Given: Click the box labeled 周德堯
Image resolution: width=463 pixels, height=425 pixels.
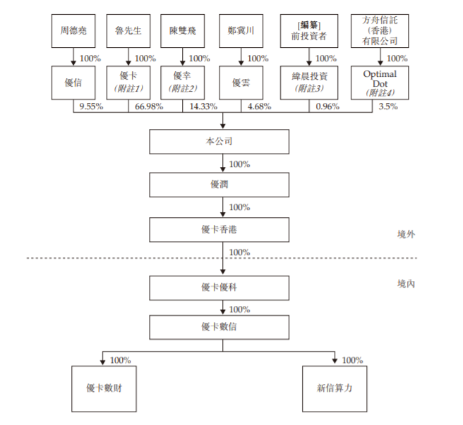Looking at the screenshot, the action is pos(73,31).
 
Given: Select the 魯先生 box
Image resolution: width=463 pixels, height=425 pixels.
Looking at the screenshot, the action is pos(128,31).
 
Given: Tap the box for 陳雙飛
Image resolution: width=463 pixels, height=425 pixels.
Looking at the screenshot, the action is pos(183,31).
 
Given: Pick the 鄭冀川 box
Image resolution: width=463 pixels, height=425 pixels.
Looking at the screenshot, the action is pos(241,31).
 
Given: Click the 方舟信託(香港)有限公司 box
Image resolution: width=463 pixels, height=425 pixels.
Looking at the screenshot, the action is pos(380,31).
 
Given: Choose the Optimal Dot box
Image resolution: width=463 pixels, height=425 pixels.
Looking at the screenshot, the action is pos(380,82).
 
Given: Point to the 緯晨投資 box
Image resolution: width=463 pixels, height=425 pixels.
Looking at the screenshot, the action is pos(309,82).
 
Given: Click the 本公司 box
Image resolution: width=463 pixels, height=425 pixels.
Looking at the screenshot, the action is pos(219,142).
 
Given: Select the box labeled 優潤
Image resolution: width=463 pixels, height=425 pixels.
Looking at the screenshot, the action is pos(219,185).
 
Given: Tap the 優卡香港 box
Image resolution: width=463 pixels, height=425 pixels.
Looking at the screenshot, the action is pos(219,230).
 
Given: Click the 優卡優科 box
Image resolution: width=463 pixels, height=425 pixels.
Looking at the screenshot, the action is pos(219,288).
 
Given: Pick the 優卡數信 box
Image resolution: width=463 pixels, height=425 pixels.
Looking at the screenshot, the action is pos(219,327).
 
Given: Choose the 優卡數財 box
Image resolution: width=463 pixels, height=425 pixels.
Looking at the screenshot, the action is pos(104,389).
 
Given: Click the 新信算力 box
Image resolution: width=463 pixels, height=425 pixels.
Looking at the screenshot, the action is pos(335,389).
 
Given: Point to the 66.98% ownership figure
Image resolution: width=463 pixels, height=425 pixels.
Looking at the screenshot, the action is pos(149,106).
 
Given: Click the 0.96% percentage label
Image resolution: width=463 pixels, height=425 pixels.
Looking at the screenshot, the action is pos(327,106).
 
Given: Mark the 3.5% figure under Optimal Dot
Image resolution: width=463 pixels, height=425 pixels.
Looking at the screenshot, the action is pos(388,106).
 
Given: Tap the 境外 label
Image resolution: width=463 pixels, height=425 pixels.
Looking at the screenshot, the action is pos(406,235).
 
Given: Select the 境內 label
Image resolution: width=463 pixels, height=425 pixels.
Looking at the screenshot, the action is pos(406,284).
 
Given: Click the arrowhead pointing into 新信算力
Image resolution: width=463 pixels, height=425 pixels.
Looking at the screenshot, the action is pos(335,361).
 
